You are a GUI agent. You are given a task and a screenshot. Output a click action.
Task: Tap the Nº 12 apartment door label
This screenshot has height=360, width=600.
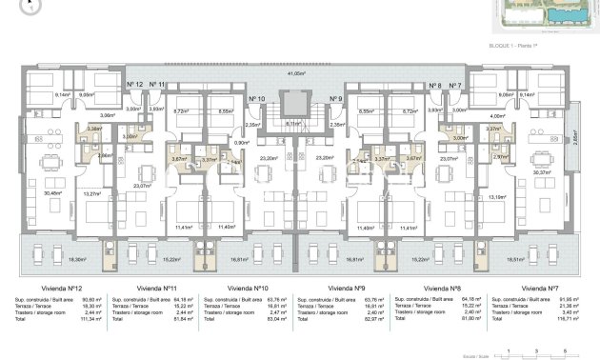tap(134, 85)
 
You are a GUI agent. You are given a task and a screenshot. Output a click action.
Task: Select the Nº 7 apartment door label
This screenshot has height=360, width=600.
tap(456, 85)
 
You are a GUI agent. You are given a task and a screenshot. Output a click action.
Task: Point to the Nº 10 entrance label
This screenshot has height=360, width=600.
tap(255, 98)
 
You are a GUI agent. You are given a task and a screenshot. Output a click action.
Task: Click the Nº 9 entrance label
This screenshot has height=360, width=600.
tap(335, 98)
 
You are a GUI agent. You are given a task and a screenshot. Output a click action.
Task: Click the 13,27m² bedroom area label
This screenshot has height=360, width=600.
tap(93, 194)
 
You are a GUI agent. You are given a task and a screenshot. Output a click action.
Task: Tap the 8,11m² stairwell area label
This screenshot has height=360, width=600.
tap(294, 123)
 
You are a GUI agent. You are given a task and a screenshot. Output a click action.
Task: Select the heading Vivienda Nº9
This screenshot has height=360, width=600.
tap(347, 287)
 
